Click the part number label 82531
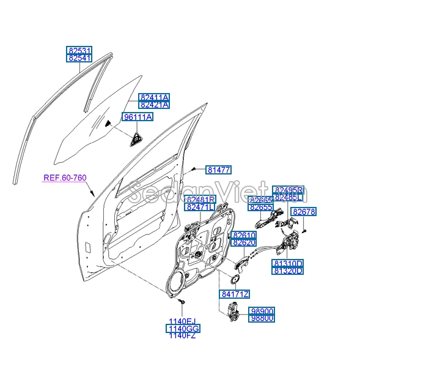[x=79, y=50]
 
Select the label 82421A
[x=154, y=105]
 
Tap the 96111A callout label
[x=138, y=117]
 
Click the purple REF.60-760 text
[x=65, y=178]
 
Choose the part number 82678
[x=303, y=212]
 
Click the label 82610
[x=244, y=235]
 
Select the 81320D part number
[x=287, y=271]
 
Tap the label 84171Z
[x=235, y=294]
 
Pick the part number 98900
[x=262, y=311]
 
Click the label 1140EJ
[x=183, y=321]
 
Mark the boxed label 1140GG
[x=183, y=329]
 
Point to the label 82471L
[x=200, y=208]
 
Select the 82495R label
[x=288, y=190]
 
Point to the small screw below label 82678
[x=303, y=230]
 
